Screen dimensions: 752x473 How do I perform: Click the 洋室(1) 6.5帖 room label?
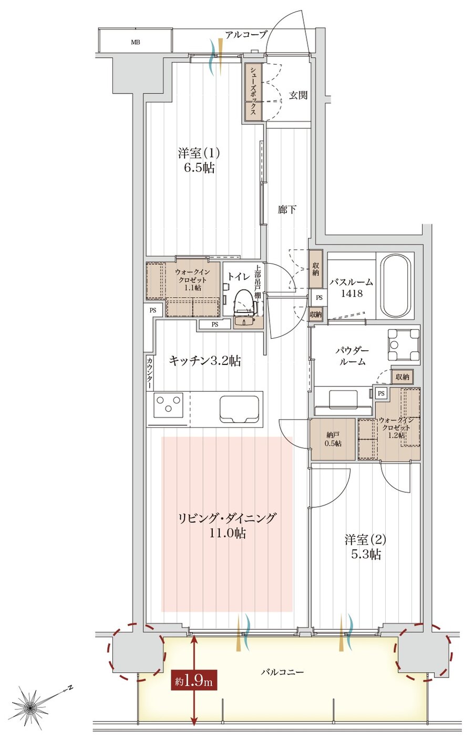[198, 161]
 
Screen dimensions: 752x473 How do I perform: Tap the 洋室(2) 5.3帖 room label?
[365, 547]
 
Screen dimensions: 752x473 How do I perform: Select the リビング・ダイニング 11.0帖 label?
[227, 526]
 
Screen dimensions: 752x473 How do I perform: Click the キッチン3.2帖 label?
[205, 361]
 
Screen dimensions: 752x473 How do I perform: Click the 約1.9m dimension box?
[194, 682]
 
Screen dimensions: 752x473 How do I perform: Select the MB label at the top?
[135, 43]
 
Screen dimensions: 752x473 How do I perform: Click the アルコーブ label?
[246, 35]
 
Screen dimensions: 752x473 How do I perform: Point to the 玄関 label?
[298, 96]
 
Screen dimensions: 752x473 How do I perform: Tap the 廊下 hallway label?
[287, 210]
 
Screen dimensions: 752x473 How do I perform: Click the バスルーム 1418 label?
[351, 287]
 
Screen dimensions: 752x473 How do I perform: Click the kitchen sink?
[240, 408]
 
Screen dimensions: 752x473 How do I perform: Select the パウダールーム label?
[352, 356]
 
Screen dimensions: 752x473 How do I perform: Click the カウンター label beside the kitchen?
[150, 373]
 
